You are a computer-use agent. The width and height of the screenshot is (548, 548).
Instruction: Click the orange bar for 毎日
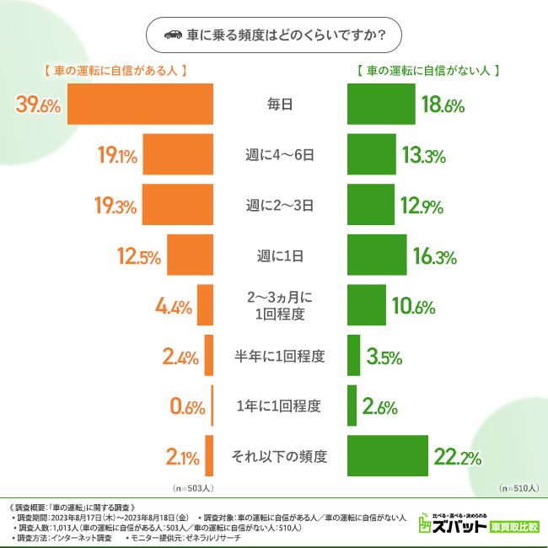pos(140,105)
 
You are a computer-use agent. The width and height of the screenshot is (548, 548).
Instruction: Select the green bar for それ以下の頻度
pos(387,458)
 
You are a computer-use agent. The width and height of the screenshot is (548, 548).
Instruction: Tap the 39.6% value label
pos(39,105)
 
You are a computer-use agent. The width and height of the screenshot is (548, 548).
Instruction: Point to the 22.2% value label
pos(457,458)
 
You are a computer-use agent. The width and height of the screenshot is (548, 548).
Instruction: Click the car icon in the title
pos(172,35)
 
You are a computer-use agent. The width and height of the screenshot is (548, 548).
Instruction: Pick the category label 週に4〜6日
pos(279,155)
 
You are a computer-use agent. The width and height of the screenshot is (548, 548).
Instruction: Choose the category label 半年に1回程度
pos(279,356)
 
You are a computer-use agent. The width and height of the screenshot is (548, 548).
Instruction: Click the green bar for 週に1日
pos(377,256)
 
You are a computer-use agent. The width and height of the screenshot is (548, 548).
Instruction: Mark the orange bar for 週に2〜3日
pos(178,206)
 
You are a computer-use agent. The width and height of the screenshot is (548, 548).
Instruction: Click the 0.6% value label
pos(187,406)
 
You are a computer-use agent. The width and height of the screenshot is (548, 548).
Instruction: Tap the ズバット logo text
pos(459,527)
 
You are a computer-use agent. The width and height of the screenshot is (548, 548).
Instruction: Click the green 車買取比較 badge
pos(514,527)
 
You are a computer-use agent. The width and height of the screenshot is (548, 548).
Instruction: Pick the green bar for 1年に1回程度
pos(352,406)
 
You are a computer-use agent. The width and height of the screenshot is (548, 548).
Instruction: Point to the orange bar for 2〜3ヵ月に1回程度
pos(205,306)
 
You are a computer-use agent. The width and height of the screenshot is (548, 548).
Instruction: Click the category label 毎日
pos(279,105)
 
